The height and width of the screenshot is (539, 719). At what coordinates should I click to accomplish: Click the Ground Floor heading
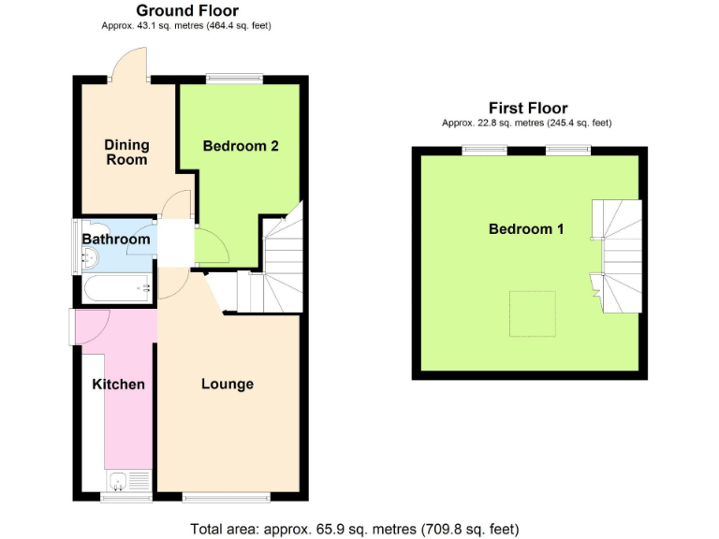click(x=187, y=10)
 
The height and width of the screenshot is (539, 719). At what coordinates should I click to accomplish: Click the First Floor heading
click(x=528, y=108)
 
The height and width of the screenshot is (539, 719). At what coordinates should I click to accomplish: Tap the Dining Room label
click(x=126, y=152)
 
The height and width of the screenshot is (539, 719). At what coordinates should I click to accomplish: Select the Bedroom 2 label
click(x=241, y=146)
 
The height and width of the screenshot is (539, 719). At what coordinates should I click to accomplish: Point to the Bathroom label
click(x=116, y=240)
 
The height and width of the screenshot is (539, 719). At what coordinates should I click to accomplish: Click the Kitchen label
click(x=118, y=384)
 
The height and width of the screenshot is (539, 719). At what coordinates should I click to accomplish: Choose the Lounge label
click(x=227, y=384)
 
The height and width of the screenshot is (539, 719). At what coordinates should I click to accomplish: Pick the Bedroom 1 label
click(x=526, y=228)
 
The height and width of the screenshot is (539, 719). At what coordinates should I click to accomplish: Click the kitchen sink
click(x=118, y=482)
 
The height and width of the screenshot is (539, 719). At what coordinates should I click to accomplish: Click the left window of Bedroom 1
click(x=485, y=149)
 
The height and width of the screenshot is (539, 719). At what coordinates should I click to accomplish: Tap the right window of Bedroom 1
click(x=569, y=149)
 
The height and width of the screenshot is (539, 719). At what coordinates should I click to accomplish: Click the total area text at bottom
click(x=354, y=529)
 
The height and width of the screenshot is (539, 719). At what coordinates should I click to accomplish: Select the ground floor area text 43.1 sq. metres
click(x=187, y=26)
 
